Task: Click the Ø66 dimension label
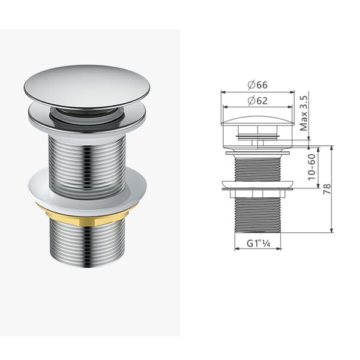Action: coord(257,85)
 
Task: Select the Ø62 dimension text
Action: coord(257,101)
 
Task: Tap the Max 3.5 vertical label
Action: coord(304,113)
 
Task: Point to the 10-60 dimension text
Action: coord(311,167)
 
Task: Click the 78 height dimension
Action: coord(327,189)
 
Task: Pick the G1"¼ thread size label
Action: coord(258,244)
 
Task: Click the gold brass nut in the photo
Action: coord(88,216)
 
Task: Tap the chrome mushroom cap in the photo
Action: coord(88,86)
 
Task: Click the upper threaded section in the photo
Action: coord(87,163)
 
